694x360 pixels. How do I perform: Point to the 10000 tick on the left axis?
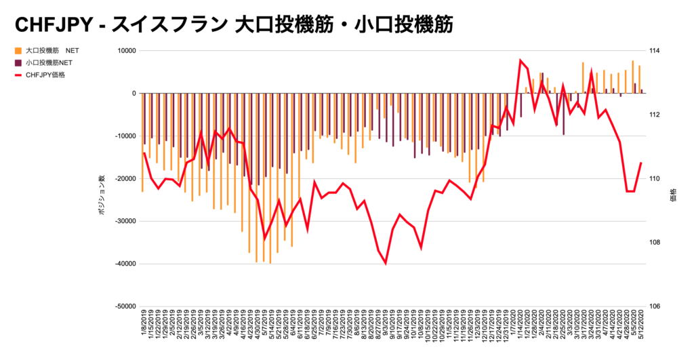pos(123,51)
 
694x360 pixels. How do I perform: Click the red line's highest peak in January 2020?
pos(520,60)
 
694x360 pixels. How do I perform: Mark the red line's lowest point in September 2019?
pos(386,263)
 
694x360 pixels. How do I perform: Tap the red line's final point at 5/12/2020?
pos(641,163)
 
